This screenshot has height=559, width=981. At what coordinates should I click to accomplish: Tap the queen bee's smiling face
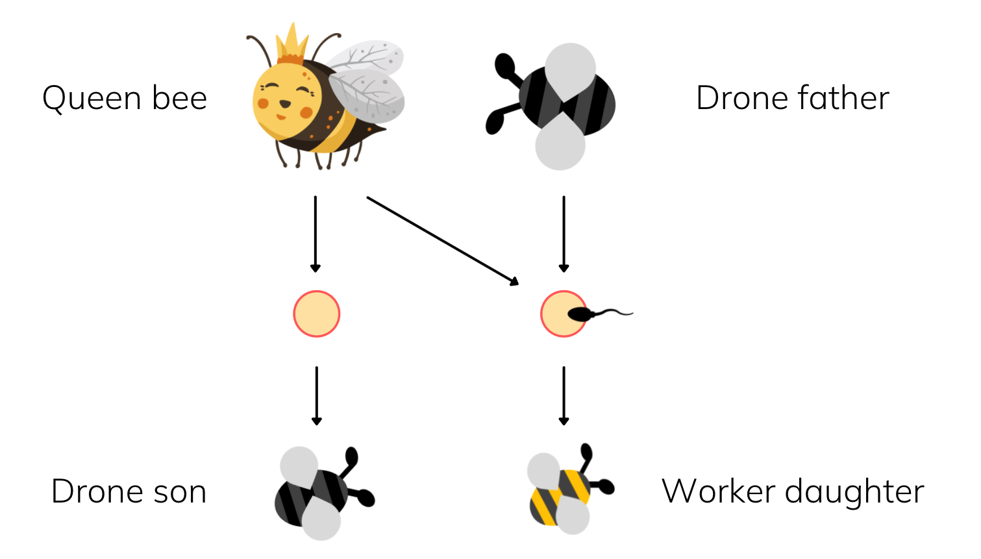tap(284, 101)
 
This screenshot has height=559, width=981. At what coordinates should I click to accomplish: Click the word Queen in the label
tap(92, 99)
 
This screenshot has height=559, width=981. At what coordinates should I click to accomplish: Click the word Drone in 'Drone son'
tap(97, 491)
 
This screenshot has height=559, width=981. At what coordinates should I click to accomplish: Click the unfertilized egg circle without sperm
tap(316, 314)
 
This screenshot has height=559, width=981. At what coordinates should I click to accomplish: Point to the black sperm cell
tap(584, 315)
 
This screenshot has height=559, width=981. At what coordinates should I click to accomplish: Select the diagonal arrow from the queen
tap(443, 240)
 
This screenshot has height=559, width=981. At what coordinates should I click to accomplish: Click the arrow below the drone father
tap(564, 234)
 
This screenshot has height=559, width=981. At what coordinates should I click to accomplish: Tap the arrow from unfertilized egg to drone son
tap(316, 395)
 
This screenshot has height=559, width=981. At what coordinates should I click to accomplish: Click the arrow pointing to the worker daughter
tap(564, 395)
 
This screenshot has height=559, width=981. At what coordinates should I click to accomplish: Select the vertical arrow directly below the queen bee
tap(316, 234)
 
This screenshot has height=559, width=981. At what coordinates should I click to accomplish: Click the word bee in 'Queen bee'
tap(179, 99)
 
